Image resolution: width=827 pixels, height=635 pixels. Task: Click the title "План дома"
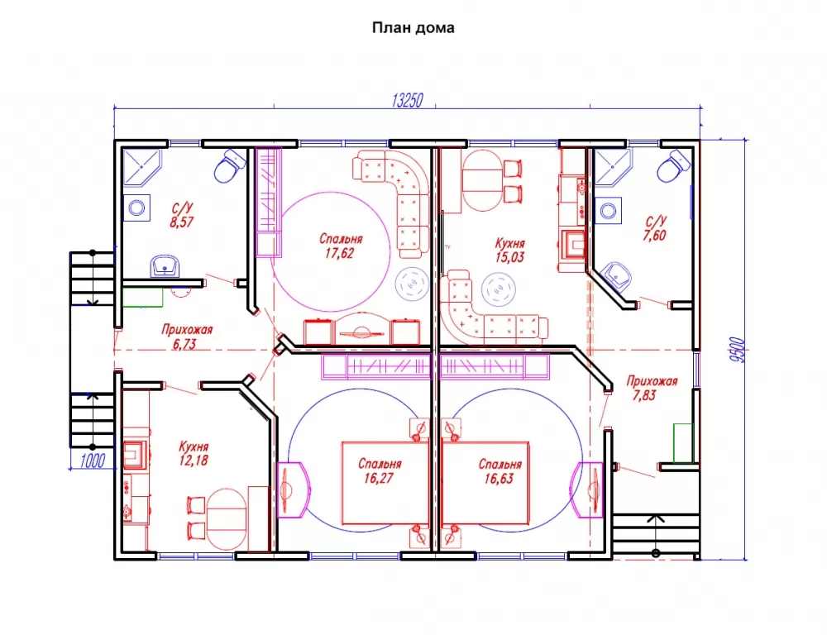[413, 27]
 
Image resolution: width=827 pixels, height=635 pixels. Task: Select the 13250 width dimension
[407, 100]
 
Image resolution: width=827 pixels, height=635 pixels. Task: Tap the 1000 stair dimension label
[93, 461]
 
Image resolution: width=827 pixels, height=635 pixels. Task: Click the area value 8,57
[181, 222]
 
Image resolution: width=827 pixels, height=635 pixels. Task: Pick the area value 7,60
[654, 235]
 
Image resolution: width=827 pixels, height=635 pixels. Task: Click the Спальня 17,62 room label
[340, 246]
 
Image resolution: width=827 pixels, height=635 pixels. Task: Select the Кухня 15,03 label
[509, 250]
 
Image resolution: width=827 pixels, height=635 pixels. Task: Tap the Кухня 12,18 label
[193, 454]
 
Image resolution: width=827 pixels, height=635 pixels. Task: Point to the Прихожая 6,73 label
[187, 337]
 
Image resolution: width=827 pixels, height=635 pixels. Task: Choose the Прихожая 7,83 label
[652, 388]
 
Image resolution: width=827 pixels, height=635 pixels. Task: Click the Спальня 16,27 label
[380, 471]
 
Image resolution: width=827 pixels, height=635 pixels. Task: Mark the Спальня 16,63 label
[500, 471]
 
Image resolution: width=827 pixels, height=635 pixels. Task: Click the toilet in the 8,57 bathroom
[231, 165]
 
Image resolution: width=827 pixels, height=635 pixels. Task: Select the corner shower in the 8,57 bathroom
[141, 168]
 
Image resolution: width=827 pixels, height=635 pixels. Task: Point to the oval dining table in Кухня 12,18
[227, 520]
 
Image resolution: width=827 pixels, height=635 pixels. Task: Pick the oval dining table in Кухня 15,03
[482, 181]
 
